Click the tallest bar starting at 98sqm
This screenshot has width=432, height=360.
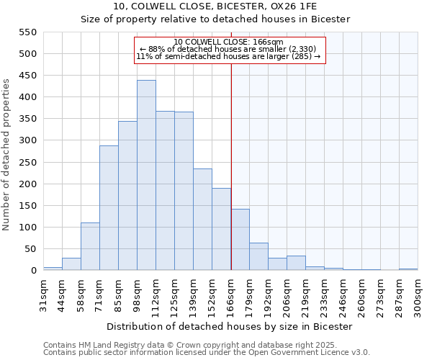[x=146, y=176]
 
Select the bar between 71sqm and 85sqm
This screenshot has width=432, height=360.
[x=109, y=208]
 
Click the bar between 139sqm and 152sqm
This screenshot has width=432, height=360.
[x=202, y=220]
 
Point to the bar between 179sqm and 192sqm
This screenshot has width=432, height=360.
[x=258, y=257]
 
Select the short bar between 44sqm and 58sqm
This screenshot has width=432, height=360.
[x=71, y=264]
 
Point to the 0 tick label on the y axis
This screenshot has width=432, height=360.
[x=32, y=271]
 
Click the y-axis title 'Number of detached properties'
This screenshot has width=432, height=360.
[x=7, y=156]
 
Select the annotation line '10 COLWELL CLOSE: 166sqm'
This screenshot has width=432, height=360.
[x=230, y=42]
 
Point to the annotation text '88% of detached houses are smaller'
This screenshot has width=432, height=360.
[x=230, y=49]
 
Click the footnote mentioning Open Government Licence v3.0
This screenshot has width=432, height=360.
[x=207, y=353]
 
